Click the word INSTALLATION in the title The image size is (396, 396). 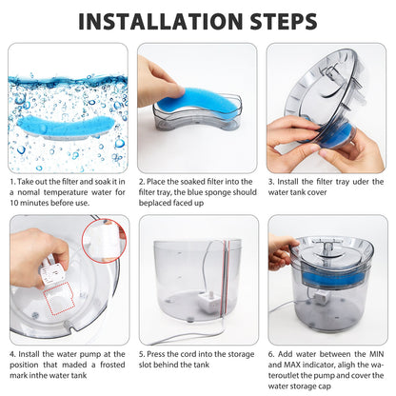click(156, 20)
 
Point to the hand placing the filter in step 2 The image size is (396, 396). click(157, 78)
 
